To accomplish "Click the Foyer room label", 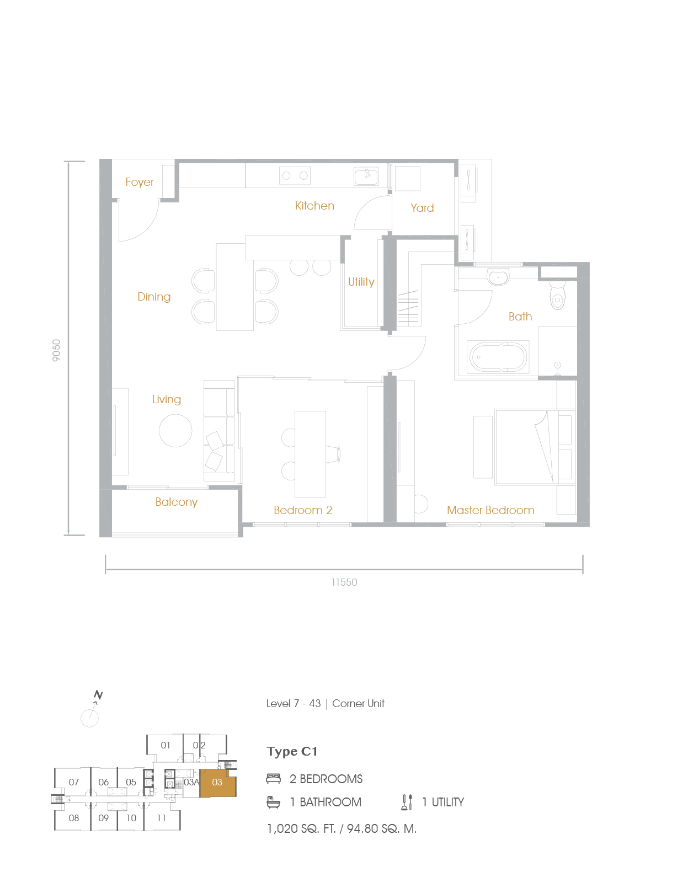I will (x=139, y=182).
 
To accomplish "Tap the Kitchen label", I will (x=314, y=206).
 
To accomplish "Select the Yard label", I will (x=422, y=208).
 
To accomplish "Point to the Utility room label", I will (x=361, y=282).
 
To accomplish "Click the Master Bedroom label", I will (x=490, y=510).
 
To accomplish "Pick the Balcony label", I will (x=176, y=502).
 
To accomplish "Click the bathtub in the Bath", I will (x=498, y=357).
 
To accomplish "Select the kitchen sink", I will (x=366, y=176).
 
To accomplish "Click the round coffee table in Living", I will (x=175, y=430).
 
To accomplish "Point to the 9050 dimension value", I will (x=56, y=350).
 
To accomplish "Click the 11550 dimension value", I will (x=344, y=582).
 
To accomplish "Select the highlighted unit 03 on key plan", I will (x=217, y=783).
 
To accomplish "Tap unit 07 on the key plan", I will (x=74, y=782).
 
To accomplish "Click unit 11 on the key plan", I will (x=161, y=818).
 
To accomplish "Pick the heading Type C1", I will (x=292, y=752).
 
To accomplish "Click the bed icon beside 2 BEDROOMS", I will (x=273, y=779).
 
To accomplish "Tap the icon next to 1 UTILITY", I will (x=407, y=802).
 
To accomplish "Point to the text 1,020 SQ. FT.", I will (x=301, y=828).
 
